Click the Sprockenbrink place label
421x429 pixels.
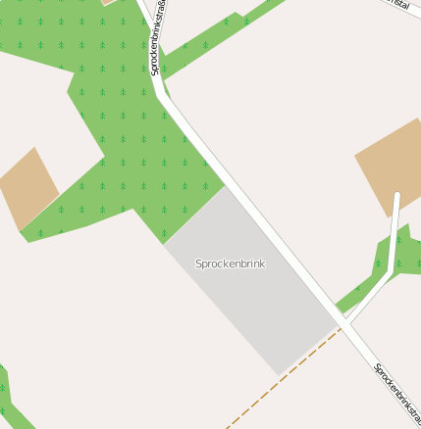(x=230, y=263)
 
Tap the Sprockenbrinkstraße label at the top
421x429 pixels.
(x=157, y=39)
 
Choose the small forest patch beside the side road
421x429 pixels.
(x=383, y=260)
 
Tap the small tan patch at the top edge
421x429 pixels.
(x=109, y=3)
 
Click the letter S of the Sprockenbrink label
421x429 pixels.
(x=199, y=263)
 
